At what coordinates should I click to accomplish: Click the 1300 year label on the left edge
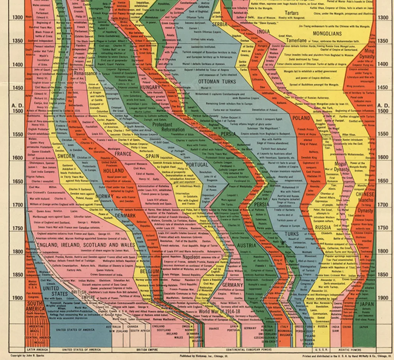pyautogui.click(x=18, y=17)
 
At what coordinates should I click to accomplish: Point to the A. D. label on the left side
pyautogui.click(x=18, y=105)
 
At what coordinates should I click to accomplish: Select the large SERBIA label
pyautogui.click(x=220, y=24)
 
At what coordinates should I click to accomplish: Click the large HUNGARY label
pyautogui.click(x=150, y=87)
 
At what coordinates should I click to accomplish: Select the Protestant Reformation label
pyautogui.click(x=168, y=127)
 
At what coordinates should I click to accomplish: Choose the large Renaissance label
pyautogui.click(x=85, y=73)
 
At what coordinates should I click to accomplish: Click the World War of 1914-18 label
pyautogui.click(x=219, y=311)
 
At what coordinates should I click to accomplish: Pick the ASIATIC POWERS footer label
pyautogui.click(x=350, y=350)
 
